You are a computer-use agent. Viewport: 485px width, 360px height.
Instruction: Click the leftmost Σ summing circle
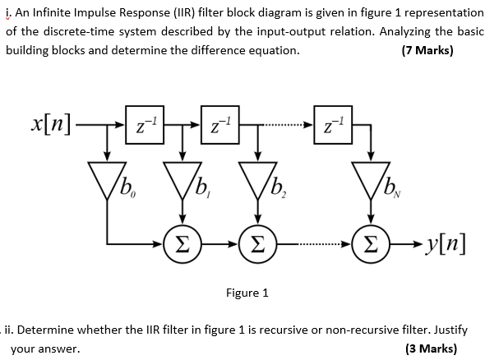click(182, 244)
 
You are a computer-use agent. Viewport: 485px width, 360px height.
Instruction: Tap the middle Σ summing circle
click(257, 244)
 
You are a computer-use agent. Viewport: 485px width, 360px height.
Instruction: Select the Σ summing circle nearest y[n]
click(370, 244)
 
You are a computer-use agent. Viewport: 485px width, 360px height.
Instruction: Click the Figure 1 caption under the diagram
click(247, 293)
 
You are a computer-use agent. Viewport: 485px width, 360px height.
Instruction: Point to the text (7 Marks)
click(427, 50)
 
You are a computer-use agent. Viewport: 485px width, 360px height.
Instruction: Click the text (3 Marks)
click(432, 348)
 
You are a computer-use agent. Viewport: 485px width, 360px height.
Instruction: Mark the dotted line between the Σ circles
click(313, 245)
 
